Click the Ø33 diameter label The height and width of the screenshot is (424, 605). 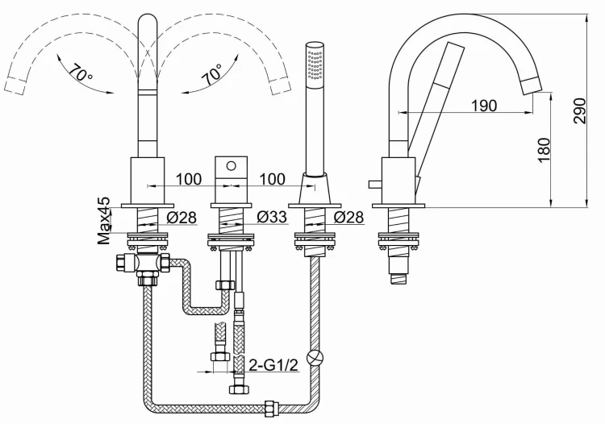click(273, 216)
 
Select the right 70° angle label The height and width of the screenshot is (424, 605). click(211, 75)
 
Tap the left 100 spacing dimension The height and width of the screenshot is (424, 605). click(187, 178)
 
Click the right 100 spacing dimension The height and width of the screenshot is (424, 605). click(273, 178)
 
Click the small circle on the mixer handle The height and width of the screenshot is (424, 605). click(230, 167)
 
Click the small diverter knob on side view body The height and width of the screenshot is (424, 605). click(372, 185)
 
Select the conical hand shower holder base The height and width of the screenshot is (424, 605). click(314, 189)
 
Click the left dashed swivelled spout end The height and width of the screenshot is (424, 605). click(14, 82)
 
